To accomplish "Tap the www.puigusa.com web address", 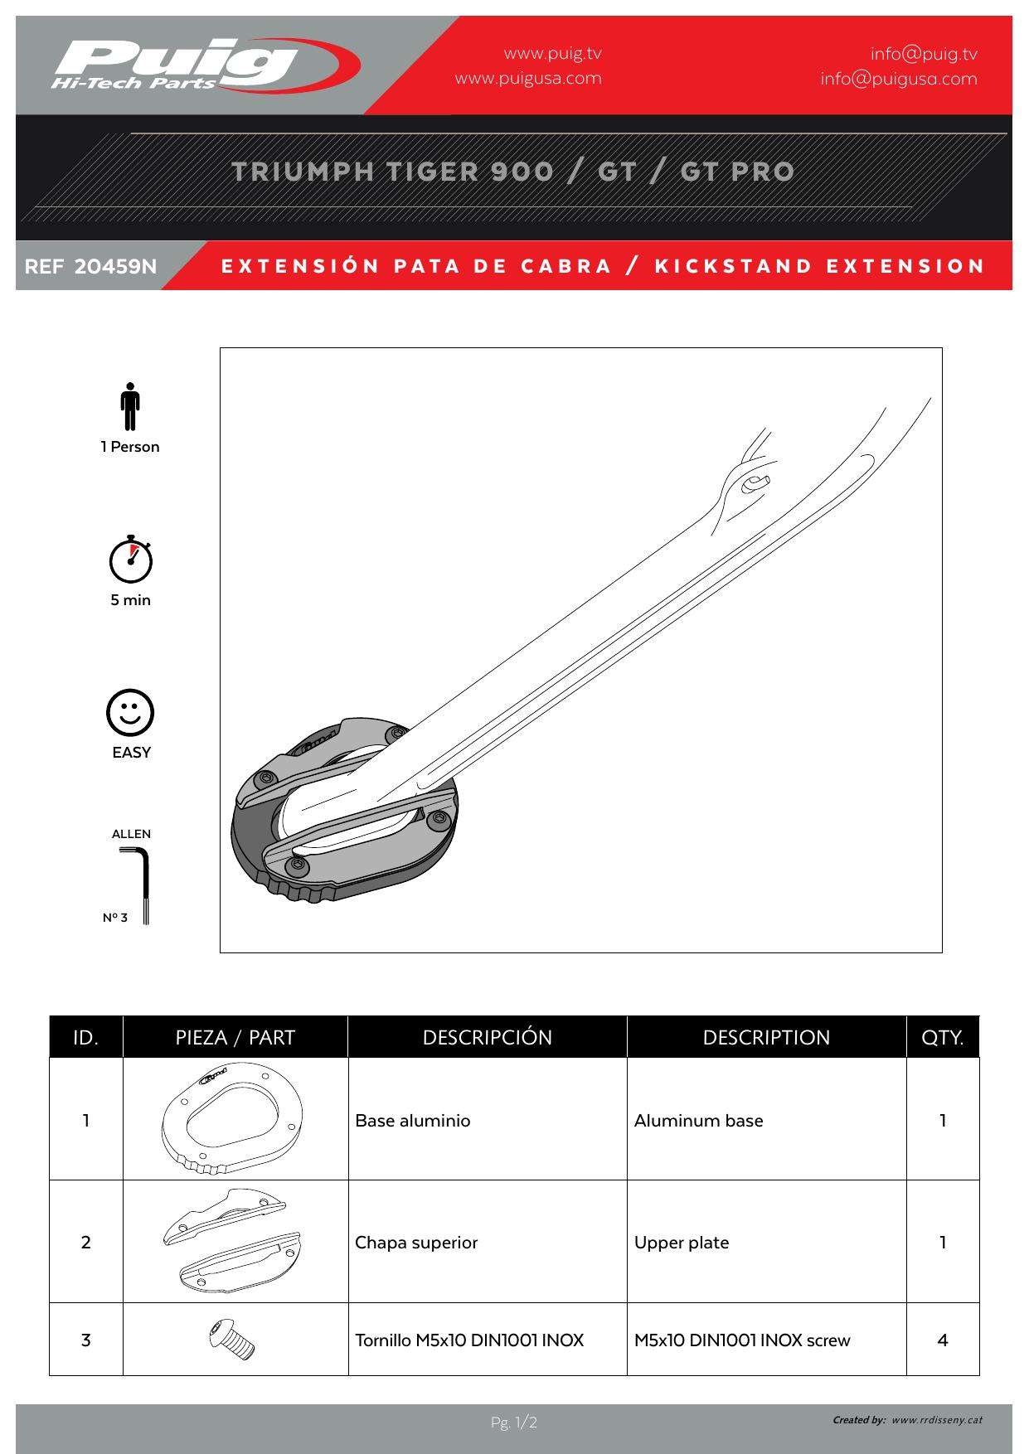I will [528, 79].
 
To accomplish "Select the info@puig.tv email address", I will [923, 54].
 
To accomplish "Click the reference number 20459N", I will [115, 267].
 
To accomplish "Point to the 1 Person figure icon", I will [129, 406].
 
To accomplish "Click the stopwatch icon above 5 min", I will [130, 560].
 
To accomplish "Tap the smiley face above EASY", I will [130, 712].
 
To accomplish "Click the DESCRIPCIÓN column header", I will [487, 1037].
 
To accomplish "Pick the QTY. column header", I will [942, 1037].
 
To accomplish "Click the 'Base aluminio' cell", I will [413, 1121].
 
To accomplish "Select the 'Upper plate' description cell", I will [682, 1243].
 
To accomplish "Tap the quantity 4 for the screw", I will [942, 1340].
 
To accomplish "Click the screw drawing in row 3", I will [233, 1339].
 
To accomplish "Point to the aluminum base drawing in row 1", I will [233, 1119].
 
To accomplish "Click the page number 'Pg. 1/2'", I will [514, 1422].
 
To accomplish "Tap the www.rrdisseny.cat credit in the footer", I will [937, 1420].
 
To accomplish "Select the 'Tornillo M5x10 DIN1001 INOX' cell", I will [469, 1340].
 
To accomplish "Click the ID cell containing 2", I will [85, 1243].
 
